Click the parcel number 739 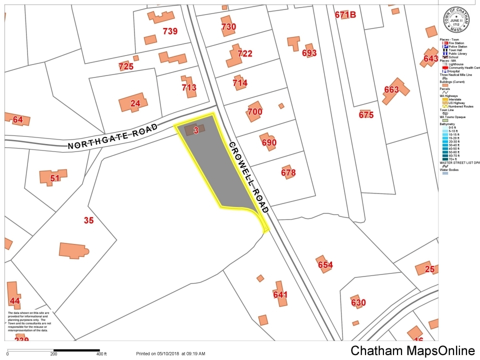(x=170, y=31)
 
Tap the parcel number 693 (x=309, y=52)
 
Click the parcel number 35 (x=88, y=220)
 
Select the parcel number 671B (x=345, y=15)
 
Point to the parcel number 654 (x=325, y=265)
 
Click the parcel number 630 (x=358, y=302)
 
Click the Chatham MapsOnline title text (x=412, y=351)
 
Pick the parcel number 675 (x=366, y=115)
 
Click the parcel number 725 (x=126, y=66)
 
